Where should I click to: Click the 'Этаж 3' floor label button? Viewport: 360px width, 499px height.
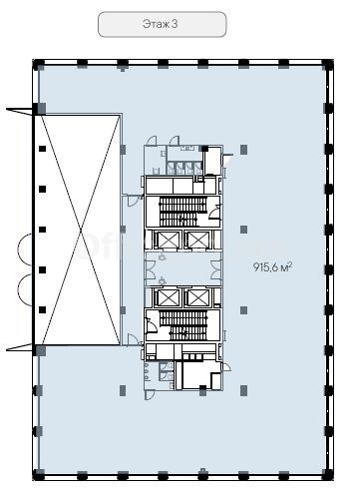[162, 24]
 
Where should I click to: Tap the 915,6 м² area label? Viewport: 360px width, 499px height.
[272, 266]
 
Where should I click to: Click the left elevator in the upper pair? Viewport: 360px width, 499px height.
[169, 241]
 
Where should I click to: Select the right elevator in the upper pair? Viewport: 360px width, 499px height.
[197, 241]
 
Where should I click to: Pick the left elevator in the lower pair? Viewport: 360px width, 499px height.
[169, 297]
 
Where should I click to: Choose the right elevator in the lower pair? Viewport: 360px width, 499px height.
[197, 297]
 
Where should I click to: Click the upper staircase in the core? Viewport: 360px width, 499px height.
[182, 212]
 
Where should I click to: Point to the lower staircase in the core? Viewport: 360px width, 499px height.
[182, 325]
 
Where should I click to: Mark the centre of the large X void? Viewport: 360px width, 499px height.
[81, 230]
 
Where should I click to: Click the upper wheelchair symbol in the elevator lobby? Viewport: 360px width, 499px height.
[162, 257]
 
